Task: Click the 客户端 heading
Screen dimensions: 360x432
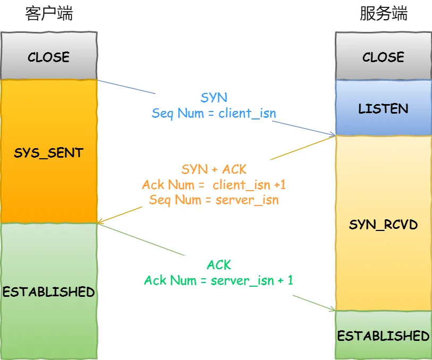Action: (x=49, y=14)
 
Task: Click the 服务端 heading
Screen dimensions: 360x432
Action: (x=383, y=14)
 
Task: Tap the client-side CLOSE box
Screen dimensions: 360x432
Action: (x=49, y=57)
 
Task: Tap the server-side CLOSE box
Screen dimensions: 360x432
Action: (x=383, y=57)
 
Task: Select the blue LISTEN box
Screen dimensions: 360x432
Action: (x=383, y=109)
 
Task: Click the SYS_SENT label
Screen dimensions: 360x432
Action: (x=49, y=153)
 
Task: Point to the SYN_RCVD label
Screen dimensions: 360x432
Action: (x=383, y=225)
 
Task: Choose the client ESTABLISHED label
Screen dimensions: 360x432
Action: (x=49, y=292)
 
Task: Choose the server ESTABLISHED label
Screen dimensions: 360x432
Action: (x=383, y=336)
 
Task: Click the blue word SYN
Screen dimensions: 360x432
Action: (x=214, y=98)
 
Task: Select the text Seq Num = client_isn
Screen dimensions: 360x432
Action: (x=214, y=113)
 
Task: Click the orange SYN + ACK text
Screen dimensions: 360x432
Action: (x=214, y=169)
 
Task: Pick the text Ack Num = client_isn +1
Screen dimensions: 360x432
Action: (x=214, y=185)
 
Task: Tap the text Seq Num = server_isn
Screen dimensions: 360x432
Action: (x=214, y=200)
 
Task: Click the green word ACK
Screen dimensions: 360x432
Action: (x=219, y=265)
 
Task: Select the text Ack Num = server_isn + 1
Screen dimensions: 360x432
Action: (x=219, y=280)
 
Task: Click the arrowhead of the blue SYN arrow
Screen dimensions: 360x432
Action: (x=333, y=135)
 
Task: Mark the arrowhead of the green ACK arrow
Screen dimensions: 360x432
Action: (x=333, y=310)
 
